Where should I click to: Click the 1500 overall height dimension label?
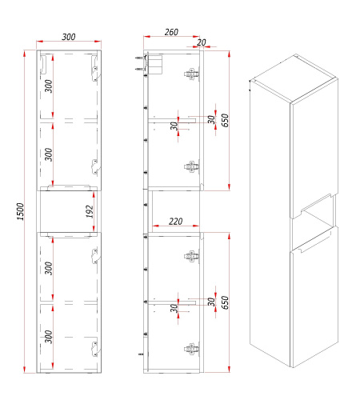coord(21,211)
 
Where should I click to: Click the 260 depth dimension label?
coord(171,32)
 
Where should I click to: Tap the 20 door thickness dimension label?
coord(202,42)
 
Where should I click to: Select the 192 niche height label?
coord(90,211)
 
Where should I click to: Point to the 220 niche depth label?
coord(176,221)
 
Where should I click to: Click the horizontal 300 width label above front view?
coord(69,37)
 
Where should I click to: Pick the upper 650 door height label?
coord(225,120)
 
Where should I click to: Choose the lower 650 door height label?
coord(225,302)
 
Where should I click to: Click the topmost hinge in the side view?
coord(192,74)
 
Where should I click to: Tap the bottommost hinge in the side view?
coord(192,349)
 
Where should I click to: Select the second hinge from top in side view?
coord(192,166)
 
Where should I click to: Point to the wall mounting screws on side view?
coord(140,63)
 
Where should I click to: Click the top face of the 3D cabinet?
coord(294,78)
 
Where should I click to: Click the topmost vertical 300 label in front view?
coord(49,86)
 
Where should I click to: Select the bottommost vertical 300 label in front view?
coord(49,337)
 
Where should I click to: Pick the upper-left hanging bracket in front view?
coord(43,64)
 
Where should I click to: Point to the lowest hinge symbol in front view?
coord(94,349)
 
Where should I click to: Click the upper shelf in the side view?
coord(172,121)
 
